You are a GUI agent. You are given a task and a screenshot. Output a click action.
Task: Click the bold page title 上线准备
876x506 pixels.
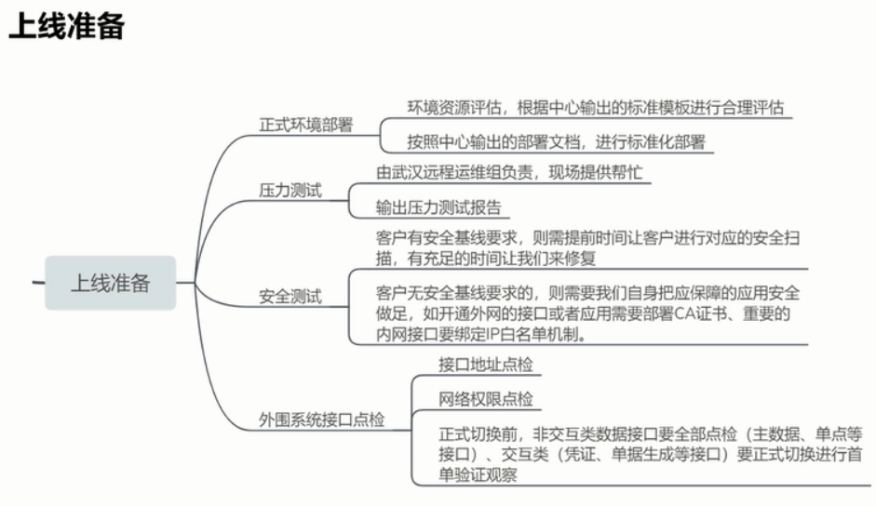pos(66,26)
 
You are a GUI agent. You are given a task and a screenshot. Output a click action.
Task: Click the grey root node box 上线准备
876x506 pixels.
pos(111,283)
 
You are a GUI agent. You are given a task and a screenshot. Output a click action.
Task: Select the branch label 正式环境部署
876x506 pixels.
pos(305,125)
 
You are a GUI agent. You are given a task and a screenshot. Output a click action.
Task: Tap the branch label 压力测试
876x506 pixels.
pos(290,191)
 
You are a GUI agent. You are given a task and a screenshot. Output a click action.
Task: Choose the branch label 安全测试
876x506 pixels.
pos(290,296)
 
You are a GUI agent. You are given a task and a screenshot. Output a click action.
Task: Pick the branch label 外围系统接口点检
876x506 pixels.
pos(321,419)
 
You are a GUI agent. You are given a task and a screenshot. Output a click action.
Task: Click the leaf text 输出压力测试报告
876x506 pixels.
pos(438,207)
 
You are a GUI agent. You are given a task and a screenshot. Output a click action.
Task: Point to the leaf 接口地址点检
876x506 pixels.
pos(486,365)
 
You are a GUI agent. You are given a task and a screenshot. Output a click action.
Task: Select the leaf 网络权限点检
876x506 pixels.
pos(486,399)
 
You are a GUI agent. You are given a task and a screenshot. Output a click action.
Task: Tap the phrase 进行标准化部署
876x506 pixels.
pos(651,142)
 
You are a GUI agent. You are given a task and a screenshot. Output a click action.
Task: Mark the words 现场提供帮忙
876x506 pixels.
pos(596,172)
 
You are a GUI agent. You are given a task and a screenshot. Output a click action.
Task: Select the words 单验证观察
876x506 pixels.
pos(478,474)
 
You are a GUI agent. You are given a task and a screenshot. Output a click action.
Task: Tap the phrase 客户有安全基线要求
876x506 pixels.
pos(447,238)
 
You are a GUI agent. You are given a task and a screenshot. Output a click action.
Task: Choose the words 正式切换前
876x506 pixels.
pos(478,433)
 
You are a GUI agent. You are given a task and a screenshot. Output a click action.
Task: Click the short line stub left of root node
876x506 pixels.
pos(38,283)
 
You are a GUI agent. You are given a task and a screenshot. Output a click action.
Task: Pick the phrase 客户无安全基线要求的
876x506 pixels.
pos(454,293)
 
